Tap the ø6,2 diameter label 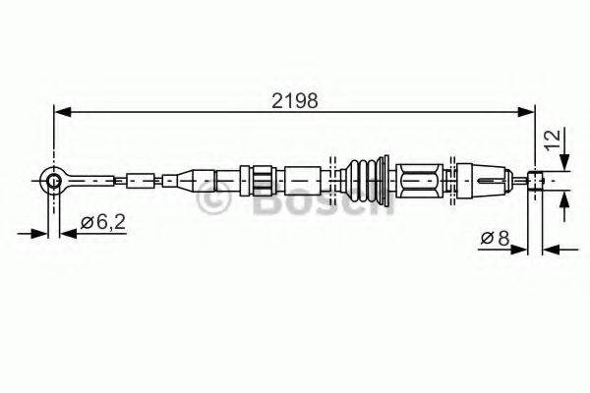[100, 223]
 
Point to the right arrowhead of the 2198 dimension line [529, 113]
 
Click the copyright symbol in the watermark [210, 199]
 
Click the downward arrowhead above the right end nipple [563, 164]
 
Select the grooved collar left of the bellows [262, 180]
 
